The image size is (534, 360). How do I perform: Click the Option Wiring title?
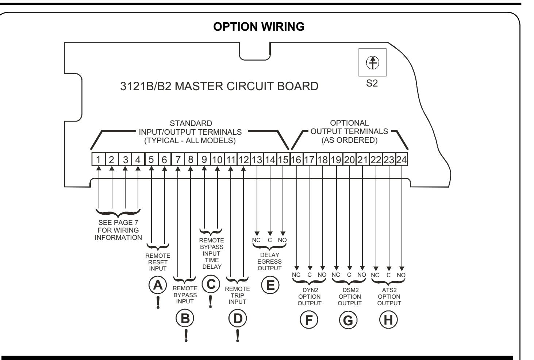coord(259,27)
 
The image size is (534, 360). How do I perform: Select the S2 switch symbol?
coord(372,62)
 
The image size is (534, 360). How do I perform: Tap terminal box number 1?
coord(99,159)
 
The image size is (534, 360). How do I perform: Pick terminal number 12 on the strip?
coord(243,159)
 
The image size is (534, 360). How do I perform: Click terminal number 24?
coord(402,159)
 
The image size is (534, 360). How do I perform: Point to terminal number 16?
coord(296,159)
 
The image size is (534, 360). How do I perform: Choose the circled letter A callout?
coord(158,285)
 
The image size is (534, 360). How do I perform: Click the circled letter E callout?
coord(270,285)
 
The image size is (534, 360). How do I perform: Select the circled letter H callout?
coord(388,320)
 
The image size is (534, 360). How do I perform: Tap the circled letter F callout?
coord(309,320)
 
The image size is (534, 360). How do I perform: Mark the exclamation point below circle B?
coord(186,336)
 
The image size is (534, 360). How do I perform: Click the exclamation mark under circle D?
coord(238,336)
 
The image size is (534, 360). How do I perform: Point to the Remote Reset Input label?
coord(158,262)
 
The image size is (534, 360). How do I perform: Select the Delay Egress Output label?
coord(270,261)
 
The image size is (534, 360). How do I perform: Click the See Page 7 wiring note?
coord(118,230)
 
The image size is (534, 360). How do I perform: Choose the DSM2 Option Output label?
coord(350,296)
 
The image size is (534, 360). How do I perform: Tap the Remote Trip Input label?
coord(238,295)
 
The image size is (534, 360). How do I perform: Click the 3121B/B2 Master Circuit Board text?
coord(219,86)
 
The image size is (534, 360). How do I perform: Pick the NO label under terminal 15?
coord(282,240)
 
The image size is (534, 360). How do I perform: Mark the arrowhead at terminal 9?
coord(204,168)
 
